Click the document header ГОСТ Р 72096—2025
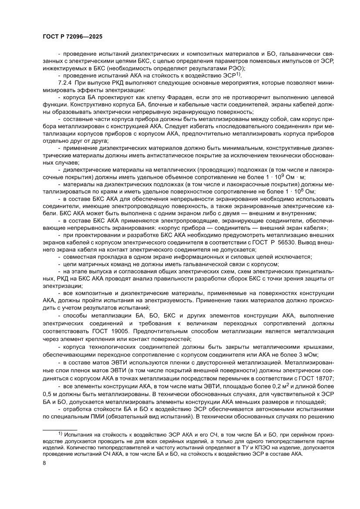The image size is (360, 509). (72, 37)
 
